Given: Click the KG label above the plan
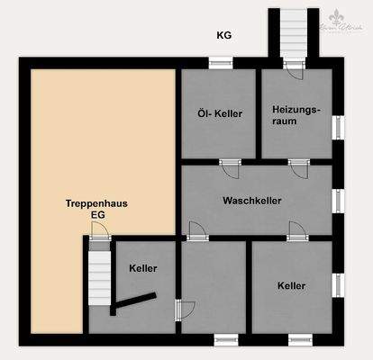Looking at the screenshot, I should point(224,36).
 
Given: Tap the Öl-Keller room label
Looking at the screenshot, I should point(220,114).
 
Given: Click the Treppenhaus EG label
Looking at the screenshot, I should point(96,210).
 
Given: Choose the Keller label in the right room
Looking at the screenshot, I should point(292,285).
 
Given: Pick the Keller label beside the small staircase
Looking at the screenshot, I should point(143,269).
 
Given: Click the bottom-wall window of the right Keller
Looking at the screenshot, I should point(300,338).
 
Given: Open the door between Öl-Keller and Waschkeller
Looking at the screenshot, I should point(230,167).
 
